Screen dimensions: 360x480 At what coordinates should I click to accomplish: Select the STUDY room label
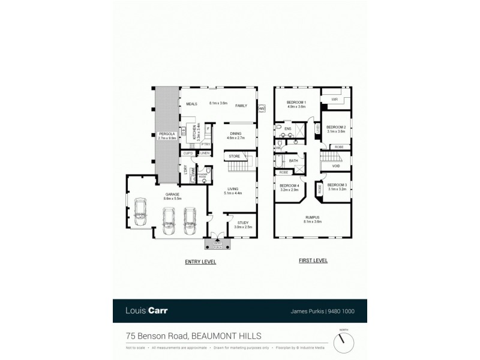(242, 223)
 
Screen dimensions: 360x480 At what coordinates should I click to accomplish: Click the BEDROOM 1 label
(296, 102)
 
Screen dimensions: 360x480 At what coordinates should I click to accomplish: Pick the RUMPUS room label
(312, 217)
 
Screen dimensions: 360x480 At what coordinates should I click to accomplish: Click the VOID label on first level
(335, 166)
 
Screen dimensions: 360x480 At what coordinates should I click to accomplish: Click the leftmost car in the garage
(141, 209)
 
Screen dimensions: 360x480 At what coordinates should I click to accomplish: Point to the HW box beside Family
(261, 109)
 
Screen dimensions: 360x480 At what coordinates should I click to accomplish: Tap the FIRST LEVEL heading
(312, 262)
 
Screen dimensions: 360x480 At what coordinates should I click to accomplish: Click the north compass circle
(343, 341)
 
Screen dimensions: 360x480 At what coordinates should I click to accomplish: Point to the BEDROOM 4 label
(289, 185)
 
